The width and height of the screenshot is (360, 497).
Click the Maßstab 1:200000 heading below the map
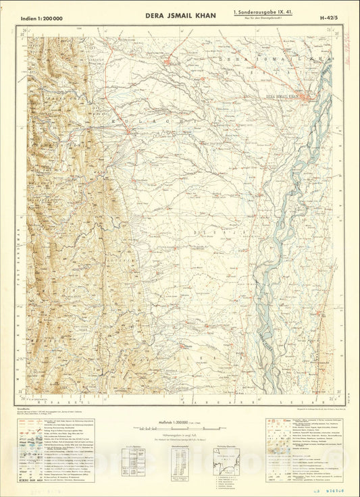click(x=180, y=422)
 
